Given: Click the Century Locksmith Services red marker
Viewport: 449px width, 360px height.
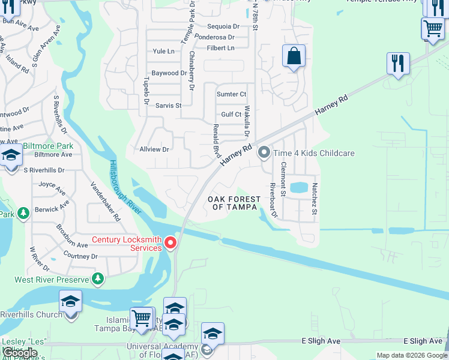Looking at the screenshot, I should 170,242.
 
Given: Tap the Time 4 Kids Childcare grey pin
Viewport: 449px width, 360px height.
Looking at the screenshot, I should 264,153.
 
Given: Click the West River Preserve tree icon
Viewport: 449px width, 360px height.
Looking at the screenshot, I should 97,279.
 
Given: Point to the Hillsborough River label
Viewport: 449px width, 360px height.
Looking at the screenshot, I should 125,188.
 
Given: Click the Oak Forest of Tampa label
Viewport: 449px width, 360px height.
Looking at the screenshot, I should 234,203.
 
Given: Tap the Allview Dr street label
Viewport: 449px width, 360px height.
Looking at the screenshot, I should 154,149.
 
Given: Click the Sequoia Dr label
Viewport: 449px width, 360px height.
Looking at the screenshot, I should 223,26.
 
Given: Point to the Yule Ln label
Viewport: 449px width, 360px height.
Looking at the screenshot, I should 164,52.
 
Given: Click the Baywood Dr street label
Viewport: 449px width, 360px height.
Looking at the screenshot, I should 169,73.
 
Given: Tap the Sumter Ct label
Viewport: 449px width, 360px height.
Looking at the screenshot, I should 231,94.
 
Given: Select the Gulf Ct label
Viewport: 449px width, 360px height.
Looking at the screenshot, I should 231,114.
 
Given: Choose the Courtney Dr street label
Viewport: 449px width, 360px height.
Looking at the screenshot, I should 80,256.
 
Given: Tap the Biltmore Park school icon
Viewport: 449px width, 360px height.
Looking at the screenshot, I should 10,156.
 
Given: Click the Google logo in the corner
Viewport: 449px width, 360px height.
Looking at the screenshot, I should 20,353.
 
